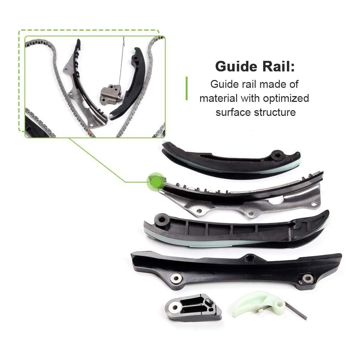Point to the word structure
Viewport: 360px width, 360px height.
(275, 112)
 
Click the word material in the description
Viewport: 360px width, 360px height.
(219, 98)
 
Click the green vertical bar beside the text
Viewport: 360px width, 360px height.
(186, 88)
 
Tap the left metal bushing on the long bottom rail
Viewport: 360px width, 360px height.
(176, 278)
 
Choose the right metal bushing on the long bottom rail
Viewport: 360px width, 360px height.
(307, 278)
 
